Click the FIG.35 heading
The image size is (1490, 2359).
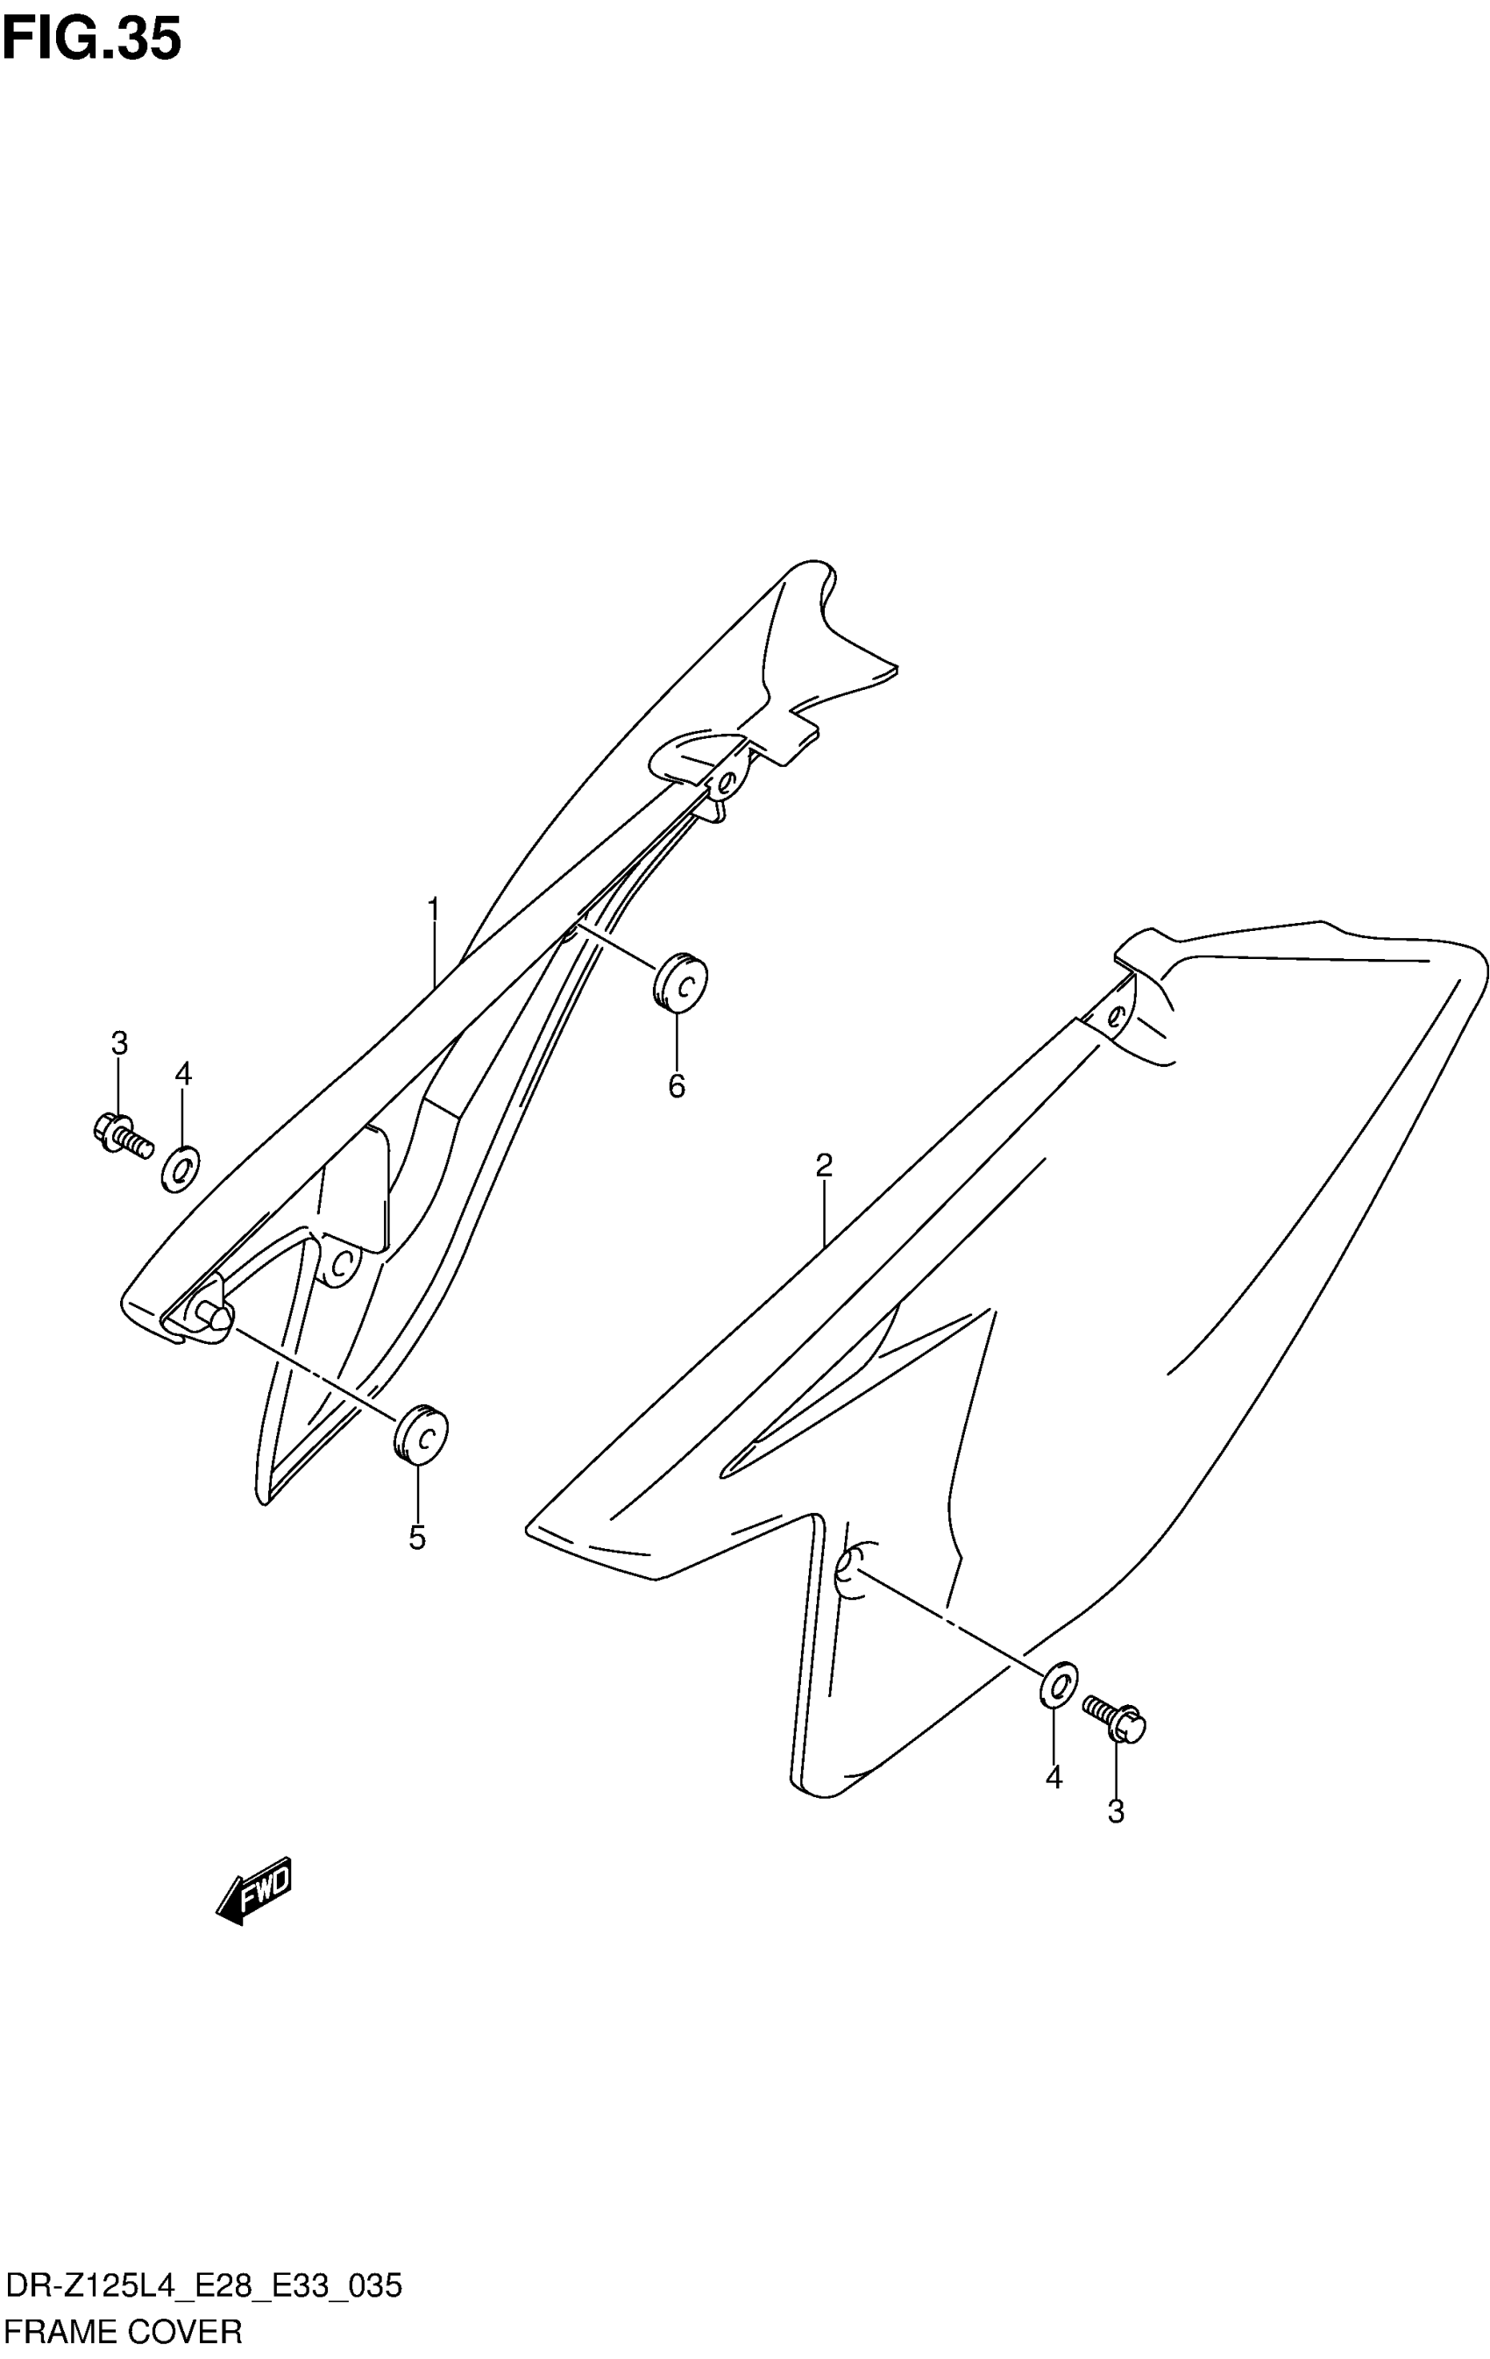tap(91, 40)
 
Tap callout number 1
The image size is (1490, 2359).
tap(433, 911)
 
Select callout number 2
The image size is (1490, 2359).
tap(824, 1166)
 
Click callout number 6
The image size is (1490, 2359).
tap(677, 1086)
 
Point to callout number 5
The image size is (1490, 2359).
tap(417, 1539)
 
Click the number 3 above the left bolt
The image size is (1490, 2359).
tap(118, 1043)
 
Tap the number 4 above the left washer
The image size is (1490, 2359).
tap(183, 1075)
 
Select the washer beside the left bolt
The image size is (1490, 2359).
tap(181, 1169)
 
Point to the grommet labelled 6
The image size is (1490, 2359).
tap(680, 981)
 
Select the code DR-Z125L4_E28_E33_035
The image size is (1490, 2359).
tap(202, 2287)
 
